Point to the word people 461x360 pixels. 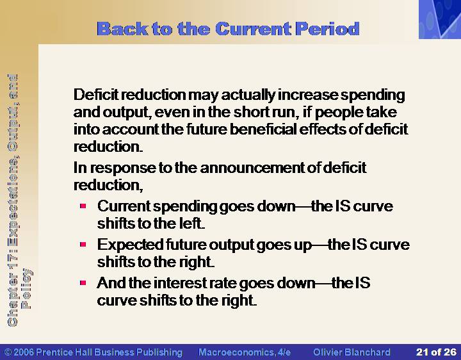pos(338,113)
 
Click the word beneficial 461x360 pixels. pos(263,129)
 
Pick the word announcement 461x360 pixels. pos(253,168)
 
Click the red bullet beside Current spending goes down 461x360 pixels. pos(83,206)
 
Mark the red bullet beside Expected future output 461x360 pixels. pos(83,244)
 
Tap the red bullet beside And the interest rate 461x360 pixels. pos(83,282)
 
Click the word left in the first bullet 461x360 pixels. pos(190,223)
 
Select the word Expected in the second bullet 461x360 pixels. pos(130,245)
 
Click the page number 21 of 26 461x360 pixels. pos(436,352)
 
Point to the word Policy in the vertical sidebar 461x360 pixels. pos(26,288)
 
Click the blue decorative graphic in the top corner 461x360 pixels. pos(440,19)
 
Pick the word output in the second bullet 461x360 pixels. pos(232,245)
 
